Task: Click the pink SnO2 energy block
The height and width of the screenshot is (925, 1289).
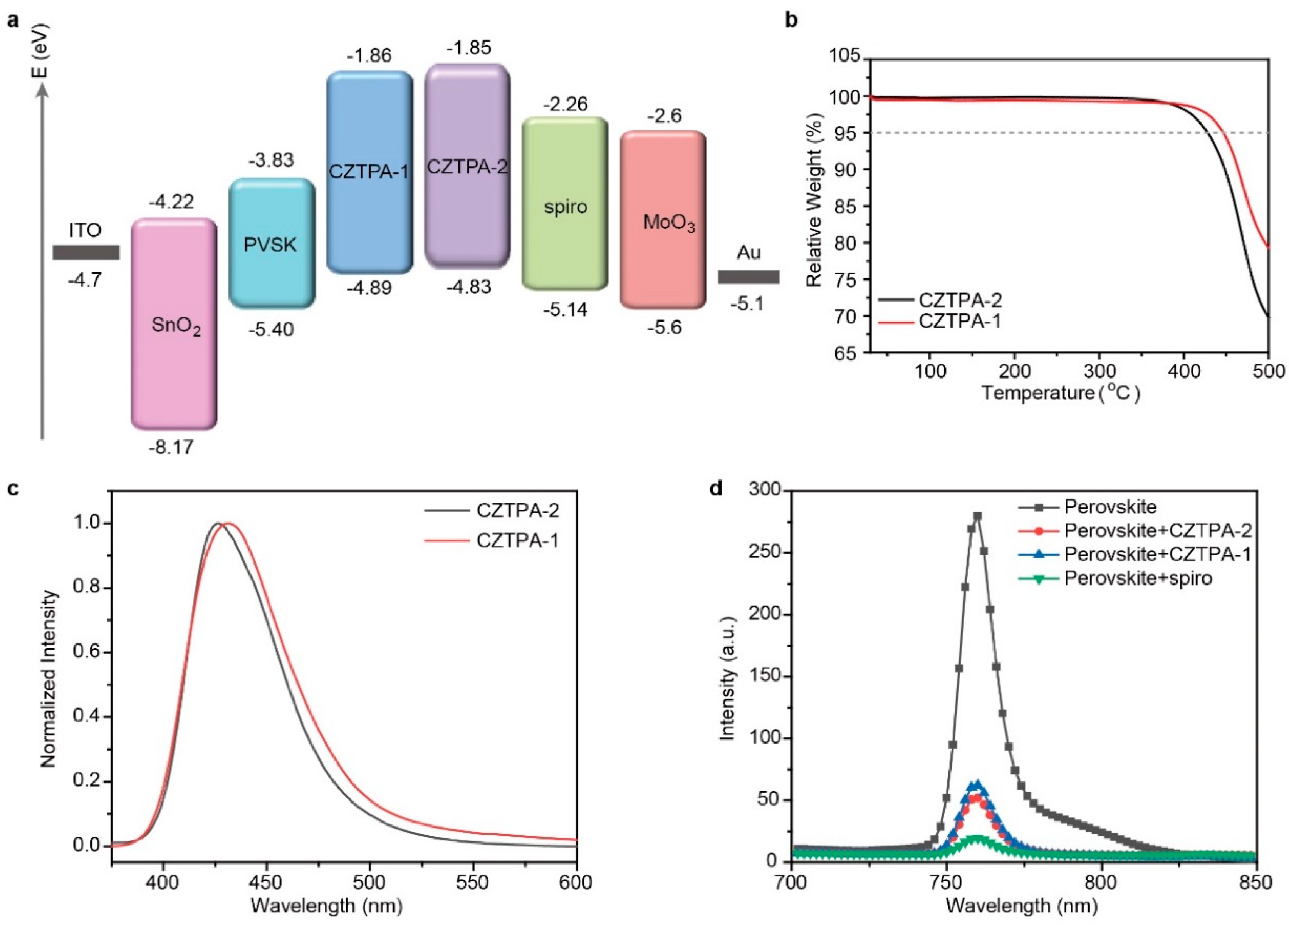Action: (174, 324)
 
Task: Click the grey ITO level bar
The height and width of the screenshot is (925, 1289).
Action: (86, 252)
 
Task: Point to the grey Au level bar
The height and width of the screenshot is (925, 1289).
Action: (749, 277)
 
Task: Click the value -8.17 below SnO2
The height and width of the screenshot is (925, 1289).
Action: (171, 447)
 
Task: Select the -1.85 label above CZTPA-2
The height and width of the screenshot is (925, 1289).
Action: (468, 48)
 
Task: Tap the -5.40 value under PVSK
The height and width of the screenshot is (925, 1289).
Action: (271, 329)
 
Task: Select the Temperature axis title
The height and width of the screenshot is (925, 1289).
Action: (1060, 392)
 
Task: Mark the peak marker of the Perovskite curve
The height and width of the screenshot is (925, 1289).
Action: (978, 516)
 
